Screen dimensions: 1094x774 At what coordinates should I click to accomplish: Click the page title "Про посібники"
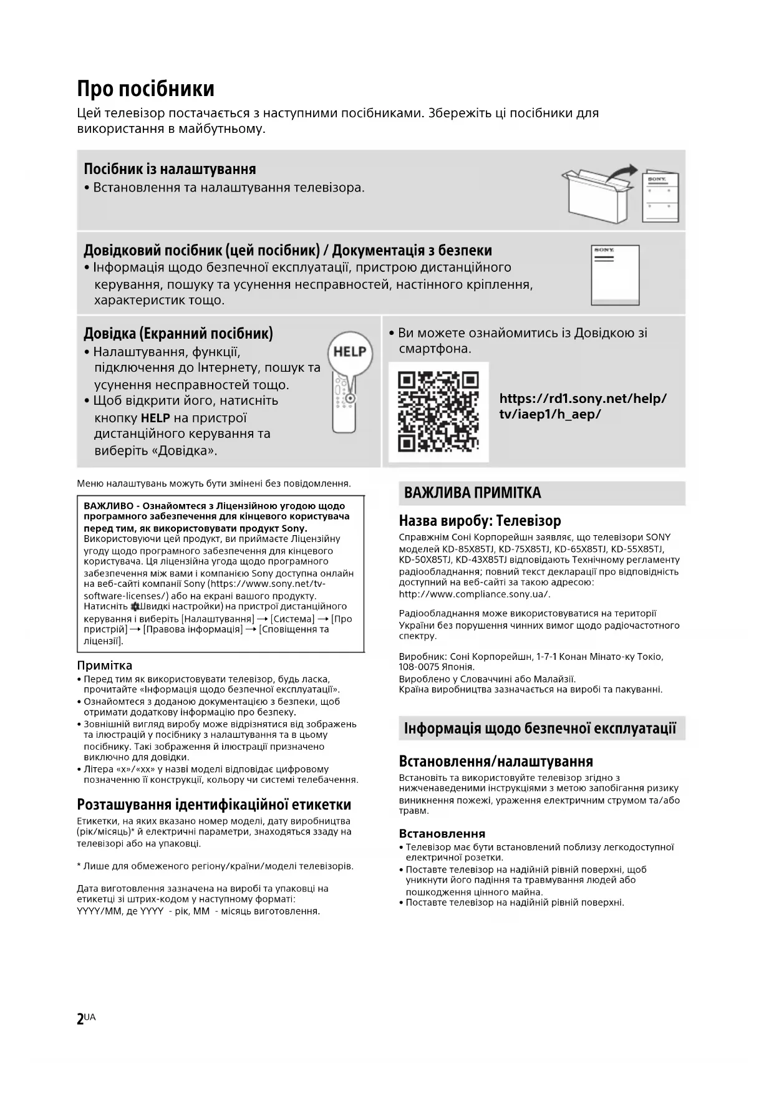pyautogui.click(x=145, y=89)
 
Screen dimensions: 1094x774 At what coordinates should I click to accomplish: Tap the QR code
pyautogui.click(x=438, y=411)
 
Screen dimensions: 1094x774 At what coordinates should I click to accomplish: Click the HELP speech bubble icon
pyautogui.click(x=349, y=352)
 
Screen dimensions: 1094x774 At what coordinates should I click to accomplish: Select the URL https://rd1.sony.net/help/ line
pyautogui.click(x=583, y=399)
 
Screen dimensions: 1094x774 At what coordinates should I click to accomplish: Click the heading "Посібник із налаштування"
pyautogui.click(x=170, y=169)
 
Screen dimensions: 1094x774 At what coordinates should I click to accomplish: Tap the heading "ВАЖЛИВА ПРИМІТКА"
pyautogui.click(x=472, y=493)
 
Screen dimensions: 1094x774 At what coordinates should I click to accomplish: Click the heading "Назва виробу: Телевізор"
pyautogui.click(x=480, y=521)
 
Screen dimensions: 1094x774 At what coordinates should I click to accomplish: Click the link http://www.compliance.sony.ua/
pyautogui.click(x=474, y=594)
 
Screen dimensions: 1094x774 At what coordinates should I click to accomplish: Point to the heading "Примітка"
pyautogui.click(x=104, y=666)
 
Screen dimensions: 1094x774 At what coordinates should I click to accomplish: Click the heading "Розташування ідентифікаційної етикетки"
pyautogui.click(x=214, y=805)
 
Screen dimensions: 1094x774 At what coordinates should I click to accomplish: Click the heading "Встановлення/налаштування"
pyautogui.click(x=496, y=761)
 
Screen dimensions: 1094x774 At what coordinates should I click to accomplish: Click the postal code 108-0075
pyautogui.click(x=418, y=667)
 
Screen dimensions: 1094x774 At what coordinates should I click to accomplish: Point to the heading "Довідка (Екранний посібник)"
pyautogui.click(x=178, y=333)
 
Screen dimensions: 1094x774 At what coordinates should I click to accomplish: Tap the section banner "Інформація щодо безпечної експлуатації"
pyautogui.click(x=540, y=729)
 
